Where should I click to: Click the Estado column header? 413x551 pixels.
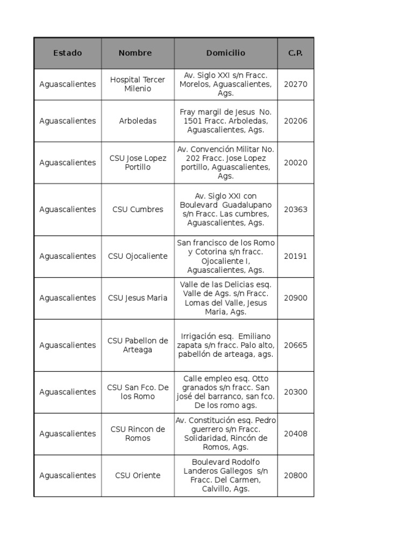(x=68, y=53)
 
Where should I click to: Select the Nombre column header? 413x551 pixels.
(x=135, y=53)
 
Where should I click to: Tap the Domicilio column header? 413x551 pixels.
(x=225, y=53)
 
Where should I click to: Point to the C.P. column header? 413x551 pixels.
(x=295, y=53)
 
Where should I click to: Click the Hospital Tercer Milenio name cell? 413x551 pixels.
(x=138, y=84)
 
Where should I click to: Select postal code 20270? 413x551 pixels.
(x=295, y=84)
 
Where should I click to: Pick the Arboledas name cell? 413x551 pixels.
(x=138, y=121)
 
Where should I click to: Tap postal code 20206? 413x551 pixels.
(x=295, y=121)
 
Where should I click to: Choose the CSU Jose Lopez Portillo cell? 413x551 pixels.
(x=138, y=163)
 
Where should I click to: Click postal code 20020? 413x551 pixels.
(x=295, y=163)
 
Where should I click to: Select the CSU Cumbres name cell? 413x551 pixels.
(x=138, y=209)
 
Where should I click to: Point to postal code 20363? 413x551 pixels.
(x=295, y=209)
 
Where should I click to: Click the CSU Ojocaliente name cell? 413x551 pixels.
(x=138, y=256)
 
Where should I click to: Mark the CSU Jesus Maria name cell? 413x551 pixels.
(x=138, y=298)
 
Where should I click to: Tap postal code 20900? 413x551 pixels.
(x=295, y=298)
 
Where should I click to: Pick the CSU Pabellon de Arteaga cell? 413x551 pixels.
(x=138, y=345)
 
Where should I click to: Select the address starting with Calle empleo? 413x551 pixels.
(x=225, y=392)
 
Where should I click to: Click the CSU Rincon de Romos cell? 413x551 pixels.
(x=138, y=434)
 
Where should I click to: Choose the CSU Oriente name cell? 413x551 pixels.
(x=138, y=476)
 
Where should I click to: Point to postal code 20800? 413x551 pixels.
(x=295, y=476)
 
